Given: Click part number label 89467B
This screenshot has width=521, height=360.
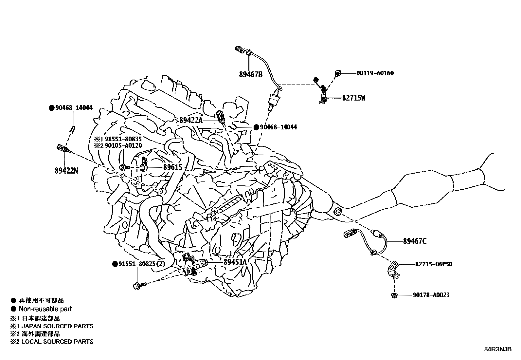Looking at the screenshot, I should coord(251,74).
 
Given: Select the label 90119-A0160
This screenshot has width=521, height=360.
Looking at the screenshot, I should coord(375,73).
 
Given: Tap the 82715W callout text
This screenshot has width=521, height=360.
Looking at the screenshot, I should coord(354,98).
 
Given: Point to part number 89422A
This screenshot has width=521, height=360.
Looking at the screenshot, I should coord(191,121).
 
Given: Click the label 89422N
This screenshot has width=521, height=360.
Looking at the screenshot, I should coord(66,171).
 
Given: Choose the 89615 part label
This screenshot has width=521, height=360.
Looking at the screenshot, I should coord(173,167).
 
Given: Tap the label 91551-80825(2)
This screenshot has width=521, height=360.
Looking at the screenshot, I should coord(142,264).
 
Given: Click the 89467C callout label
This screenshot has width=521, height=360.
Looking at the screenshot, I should coord(415,241).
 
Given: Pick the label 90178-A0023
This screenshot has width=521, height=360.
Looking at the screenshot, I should coord(431,295).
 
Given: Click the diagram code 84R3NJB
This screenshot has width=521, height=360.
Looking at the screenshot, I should coord(498,349).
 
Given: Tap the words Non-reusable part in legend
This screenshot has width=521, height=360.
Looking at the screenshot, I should coord(45,309).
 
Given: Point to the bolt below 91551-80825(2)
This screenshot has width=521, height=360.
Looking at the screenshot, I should coord(138,286).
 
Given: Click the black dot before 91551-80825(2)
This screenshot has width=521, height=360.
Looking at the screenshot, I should coord(115,264).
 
